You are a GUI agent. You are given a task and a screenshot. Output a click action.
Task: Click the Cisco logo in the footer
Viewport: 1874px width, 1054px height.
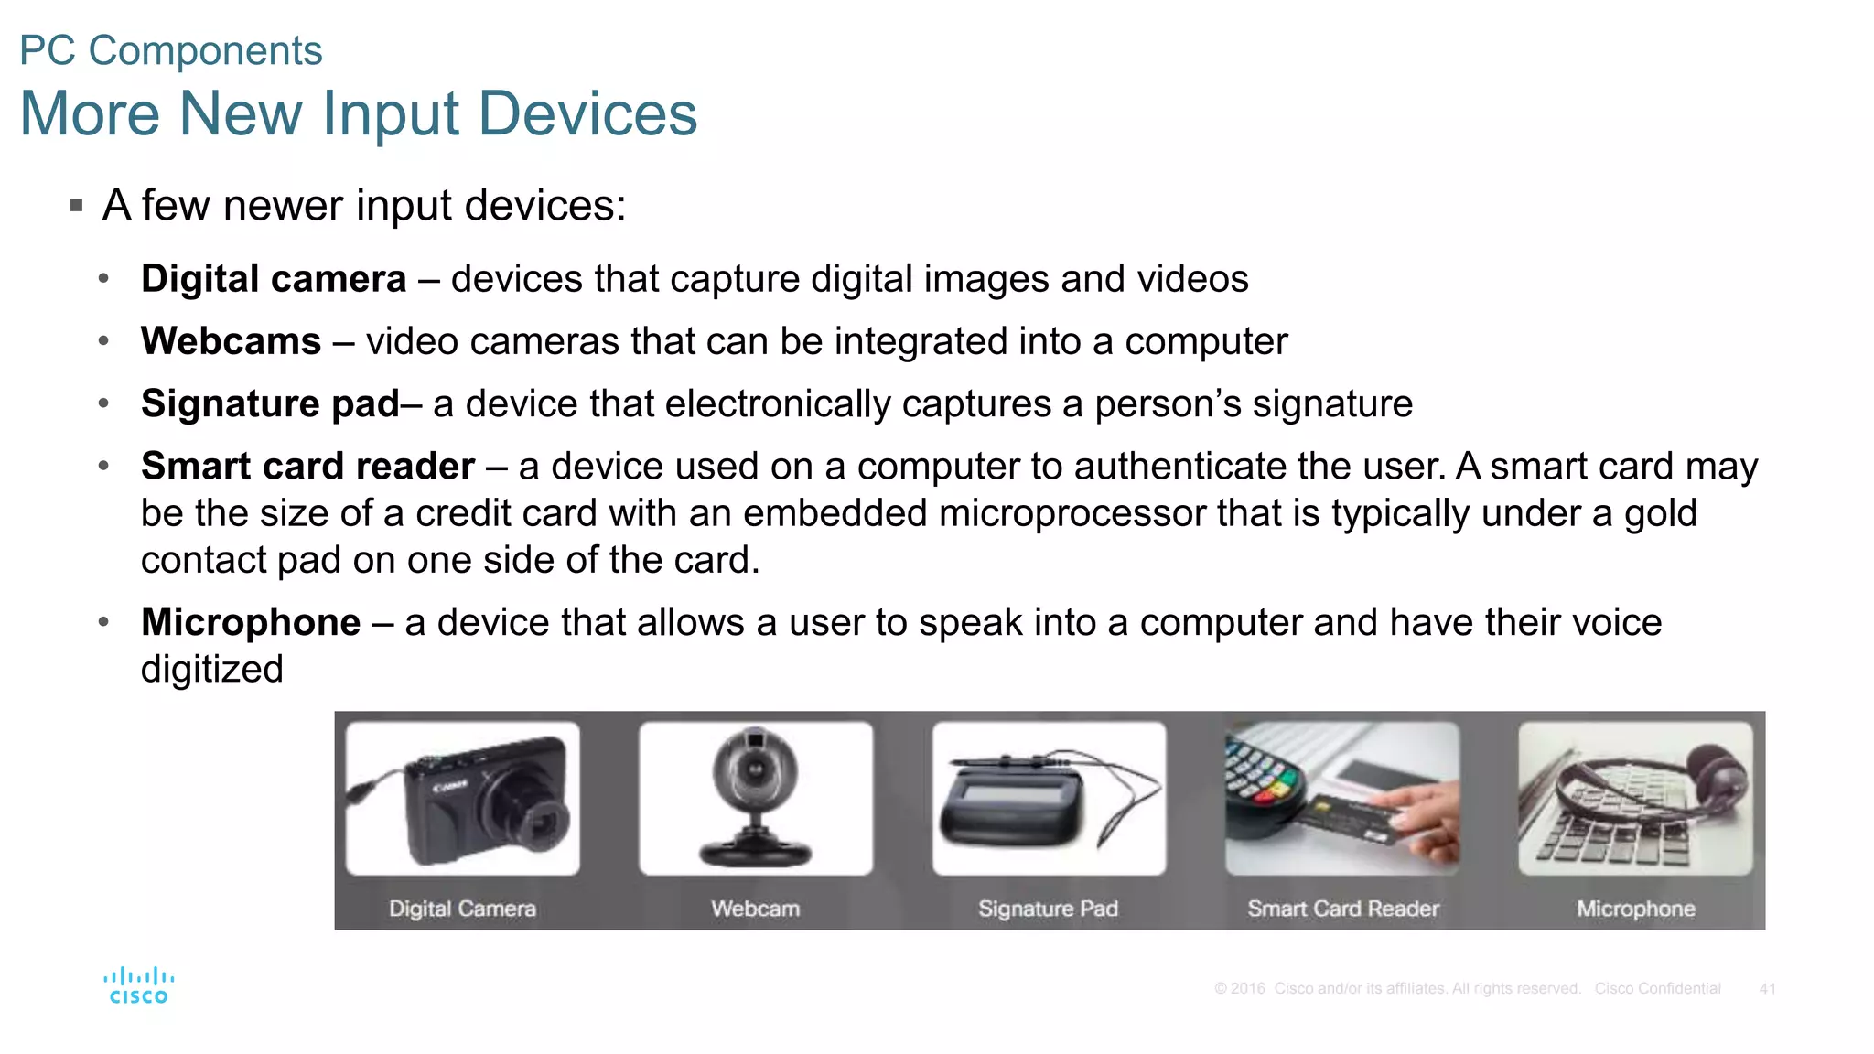pos(138,985)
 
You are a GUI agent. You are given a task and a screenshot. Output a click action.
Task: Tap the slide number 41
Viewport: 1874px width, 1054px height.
pos(1767,989)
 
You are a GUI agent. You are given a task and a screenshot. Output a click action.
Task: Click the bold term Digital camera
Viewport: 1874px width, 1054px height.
pos(274,279)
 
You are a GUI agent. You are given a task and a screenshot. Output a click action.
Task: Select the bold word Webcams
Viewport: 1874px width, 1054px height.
pos(231,341)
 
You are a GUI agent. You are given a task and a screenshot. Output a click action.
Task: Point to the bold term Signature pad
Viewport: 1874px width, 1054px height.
pos(270,403)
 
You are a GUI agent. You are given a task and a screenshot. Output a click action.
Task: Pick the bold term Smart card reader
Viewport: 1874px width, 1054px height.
pos(307,467)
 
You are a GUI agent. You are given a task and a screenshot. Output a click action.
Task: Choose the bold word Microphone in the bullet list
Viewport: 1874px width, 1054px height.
pos(251,622)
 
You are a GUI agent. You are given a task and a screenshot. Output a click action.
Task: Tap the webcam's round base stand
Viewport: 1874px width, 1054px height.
pos(755,854)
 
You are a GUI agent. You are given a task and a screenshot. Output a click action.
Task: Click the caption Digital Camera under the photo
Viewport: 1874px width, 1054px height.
pos(462,909)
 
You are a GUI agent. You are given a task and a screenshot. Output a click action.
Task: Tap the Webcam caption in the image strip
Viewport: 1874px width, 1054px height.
pos(755,909)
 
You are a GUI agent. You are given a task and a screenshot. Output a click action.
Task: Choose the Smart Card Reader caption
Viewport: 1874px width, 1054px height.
pos(1342,909)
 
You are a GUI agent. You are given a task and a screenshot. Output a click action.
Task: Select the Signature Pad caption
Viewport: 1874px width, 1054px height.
pos(1048,909)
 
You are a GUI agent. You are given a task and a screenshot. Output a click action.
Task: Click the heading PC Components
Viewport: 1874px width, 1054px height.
pos(171,50)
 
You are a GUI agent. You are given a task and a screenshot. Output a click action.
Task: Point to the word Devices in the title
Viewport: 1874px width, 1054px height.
pos(587,114)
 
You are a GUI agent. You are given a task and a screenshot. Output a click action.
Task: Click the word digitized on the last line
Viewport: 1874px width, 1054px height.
pos(212,669)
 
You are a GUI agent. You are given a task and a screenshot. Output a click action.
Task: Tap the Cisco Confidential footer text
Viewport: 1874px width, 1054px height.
pos(1657,989)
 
